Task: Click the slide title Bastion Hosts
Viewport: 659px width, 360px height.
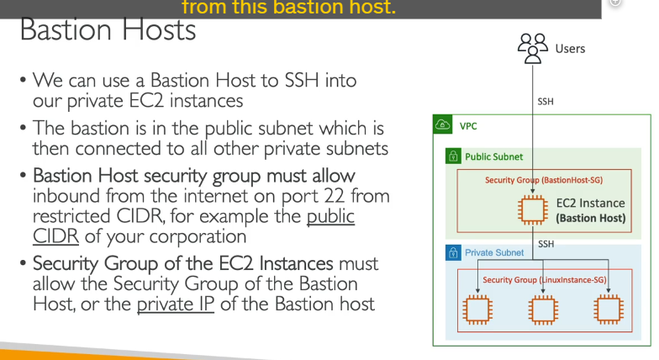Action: (108, 30)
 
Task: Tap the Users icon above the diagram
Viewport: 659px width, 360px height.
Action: (533, 49)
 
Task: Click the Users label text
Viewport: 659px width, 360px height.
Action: (570, 49)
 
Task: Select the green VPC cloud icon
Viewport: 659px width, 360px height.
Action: (442, 124)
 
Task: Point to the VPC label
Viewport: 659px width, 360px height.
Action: (468, 126)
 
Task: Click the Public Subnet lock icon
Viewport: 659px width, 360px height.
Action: (453, 156)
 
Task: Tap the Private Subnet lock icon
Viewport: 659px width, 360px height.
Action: (453, 252)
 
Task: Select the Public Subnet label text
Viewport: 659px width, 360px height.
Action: (494, 156)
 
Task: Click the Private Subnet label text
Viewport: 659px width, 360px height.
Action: (494, 252)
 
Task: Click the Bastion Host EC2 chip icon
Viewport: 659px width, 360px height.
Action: (533, 210)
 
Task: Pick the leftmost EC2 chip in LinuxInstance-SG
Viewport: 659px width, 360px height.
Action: (477, 310)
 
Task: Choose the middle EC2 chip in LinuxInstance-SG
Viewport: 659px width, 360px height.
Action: (543, 310)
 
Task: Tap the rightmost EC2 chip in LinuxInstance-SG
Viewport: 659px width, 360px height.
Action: (609, 310)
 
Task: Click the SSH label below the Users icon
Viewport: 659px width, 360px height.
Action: (546, 102)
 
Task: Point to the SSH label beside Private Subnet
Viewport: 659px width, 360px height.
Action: (546, 244)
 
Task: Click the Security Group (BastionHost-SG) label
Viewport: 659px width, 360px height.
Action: (544, 180)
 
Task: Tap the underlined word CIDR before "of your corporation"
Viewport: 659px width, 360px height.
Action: (55, 236)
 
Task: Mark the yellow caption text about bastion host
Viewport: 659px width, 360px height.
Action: (289, 7)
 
